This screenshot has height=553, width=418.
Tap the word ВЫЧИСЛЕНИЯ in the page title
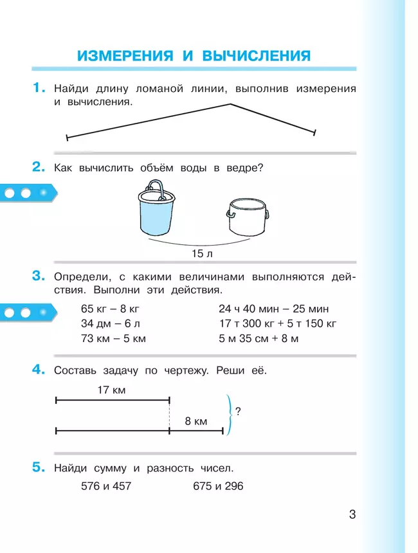click(x=256, y=55)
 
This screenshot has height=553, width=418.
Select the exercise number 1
click(x=39, y=88)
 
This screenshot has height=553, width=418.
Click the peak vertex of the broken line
click(x=228, y=103)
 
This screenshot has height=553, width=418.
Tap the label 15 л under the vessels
click(x=201, y=253)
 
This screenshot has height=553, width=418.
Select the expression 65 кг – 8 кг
click(x=109, y=308)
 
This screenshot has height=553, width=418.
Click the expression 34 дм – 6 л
click(x=109, y=323)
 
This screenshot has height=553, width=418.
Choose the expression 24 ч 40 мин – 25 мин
click(x=273, y=308)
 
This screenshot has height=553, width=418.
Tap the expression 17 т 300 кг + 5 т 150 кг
click(x=278, y=323)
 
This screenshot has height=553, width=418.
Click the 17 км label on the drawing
click(x=111, y=390)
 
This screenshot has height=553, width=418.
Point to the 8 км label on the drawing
click(x=195, y=421)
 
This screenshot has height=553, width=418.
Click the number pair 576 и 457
click(x=106, y=486)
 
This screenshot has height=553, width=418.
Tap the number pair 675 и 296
click(x=218, y=486)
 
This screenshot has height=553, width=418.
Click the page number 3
click(x=352, y=514)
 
